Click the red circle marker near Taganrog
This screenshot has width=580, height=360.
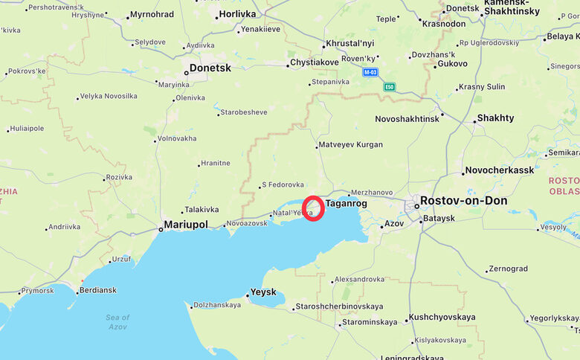click(x=313, y=208)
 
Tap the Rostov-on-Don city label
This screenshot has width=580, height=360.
click(x=463, y=201)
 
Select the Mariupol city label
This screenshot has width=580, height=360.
click(x=186, y=224)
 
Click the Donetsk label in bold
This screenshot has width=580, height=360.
click(x=210, y=68)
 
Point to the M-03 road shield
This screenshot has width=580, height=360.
click(x=370, y=72)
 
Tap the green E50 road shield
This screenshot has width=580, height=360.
click(x=390, y=87)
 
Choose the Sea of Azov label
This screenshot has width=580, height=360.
click(x=117, y=322)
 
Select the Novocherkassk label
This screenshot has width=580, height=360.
click(x=500, y=170)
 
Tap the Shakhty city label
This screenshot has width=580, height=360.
click(x=495, y=118)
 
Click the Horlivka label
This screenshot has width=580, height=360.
click(x=238, y=14)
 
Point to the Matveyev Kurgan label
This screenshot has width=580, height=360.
click(x=350, y=144)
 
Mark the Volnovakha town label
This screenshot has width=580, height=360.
click(x=177, y=138)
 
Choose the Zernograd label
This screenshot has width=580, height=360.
click(x=509, y=269)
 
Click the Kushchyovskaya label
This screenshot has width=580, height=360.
click(x=442, y=317)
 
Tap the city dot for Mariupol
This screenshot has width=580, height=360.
click(x=160, y=230)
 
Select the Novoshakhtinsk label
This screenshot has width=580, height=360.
click(x=407, y=119)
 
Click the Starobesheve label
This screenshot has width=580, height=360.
click(x=244, y=112)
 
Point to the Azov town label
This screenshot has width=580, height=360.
click(x=394, y=223)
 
